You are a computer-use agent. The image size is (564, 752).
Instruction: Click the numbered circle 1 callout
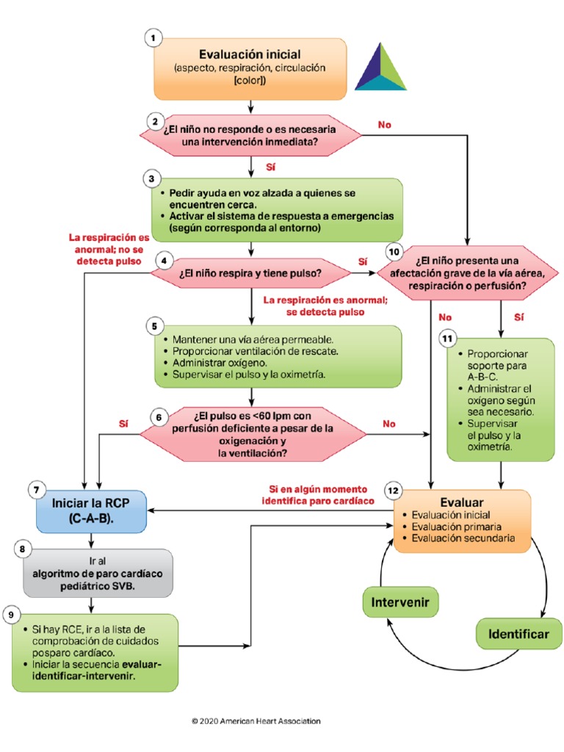[x=153, y=39]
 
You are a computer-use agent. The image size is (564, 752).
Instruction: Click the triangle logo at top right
[x=380, y=68]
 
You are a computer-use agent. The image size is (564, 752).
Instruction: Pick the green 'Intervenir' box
[x=400, y=603]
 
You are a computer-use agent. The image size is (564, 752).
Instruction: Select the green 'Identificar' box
[x=519, y=634]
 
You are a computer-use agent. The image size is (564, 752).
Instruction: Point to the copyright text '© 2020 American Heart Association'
[x=256, y=721]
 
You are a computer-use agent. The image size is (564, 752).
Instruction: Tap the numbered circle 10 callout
[x=394, y=252]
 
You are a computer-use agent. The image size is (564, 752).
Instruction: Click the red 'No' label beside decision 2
[x=385, y=125]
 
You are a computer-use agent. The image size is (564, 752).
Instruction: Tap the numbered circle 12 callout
[x=394, y=490]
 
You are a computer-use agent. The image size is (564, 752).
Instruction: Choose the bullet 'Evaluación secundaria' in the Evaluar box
[x=463, y=538]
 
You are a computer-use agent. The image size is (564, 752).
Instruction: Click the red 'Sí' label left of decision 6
[x=123, y=424]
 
